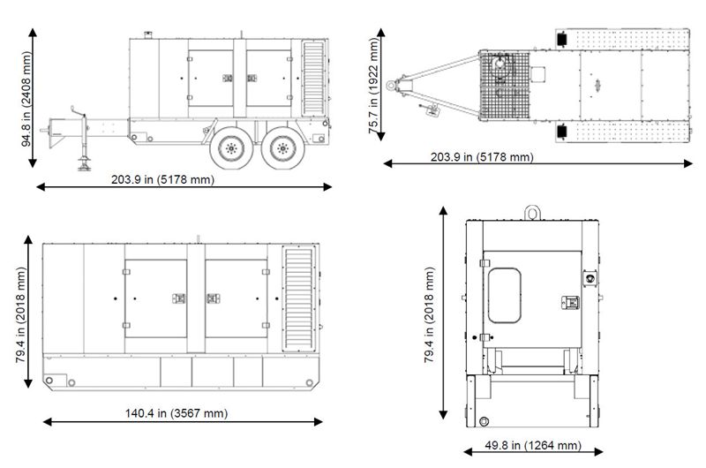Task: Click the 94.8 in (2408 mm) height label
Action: click(x=27, y=99)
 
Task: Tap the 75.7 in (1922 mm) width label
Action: click(x=374, y=86)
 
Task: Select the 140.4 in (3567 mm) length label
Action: click(x=176, y=413)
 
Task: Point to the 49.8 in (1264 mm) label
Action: click(x=533, y=445)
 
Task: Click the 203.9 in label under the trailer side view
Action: click(x=162, y=179)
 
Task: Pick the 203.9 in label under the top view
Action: click(x=482, y=157)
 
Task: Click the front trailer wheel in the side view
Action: click(x=231, y=147)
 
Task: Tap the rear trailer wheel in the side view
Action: click(x=282, y=147)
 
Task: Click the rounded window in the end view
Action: click(x=504, y=296)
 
